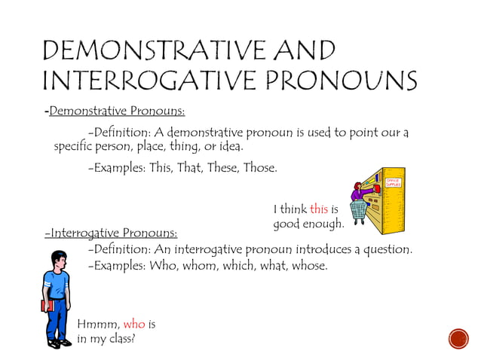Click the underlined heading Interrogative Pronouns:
click(x=112, y=233)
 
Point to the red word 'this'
click(x=319, y=209)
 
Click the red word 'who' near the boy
click(x=133, y=324)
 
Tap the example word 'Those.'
click(x=259, y=167)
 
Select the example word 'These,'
click(x=219, y=167)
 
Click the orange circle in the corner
click(x=458, y=339)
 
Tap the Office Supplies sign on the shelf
click(x=394, y=183)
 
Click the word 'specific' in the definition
click(x=74, y=146)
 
